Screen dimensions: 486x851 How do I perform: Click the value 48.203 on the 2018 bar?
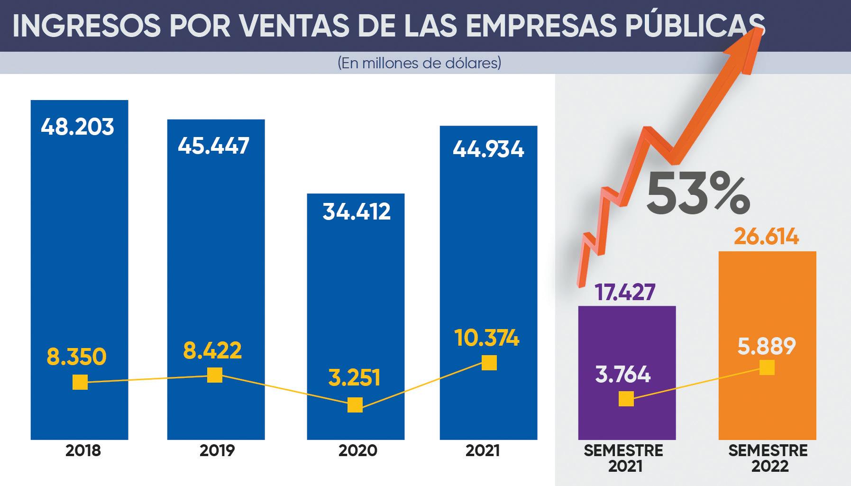click(x=77, y=127)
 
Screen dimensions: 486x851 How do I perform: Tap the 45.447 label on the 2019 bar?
click(x=213, y=146)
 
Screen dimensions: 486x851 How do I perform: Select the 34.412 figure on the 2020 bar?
click(x=357, y=211)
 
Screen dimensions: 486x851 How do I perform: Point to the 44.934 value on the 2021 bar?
click(x=488, y=149)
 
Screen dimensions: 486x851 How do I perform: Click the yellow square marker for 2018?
click(x=80, y=382)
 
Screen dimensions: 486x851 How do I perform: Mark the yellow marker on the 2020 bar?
click(x=355, y=405)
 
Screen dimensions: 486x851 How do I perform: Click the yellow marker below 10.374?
click(x=489, y=363)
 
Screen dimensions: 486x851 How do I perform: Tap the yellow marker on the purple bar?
click(x=626, y=399)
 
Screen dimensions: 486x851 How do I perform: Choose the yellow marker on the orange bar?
click(x=767, y=367)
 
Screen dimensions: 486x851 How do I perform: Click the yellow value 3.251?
click(x=354, y=378)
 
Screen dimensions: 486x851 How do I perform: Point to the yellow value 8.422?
click(x=212, y=351)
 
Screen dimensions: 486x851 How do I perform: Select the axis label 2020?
click(x=357, y=450)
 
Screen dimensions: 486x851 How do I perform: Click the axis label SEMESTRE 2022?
click(x=768, y=458)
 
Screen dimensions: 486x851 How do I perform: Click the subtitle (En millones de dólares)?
click(x=420, y=63)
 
